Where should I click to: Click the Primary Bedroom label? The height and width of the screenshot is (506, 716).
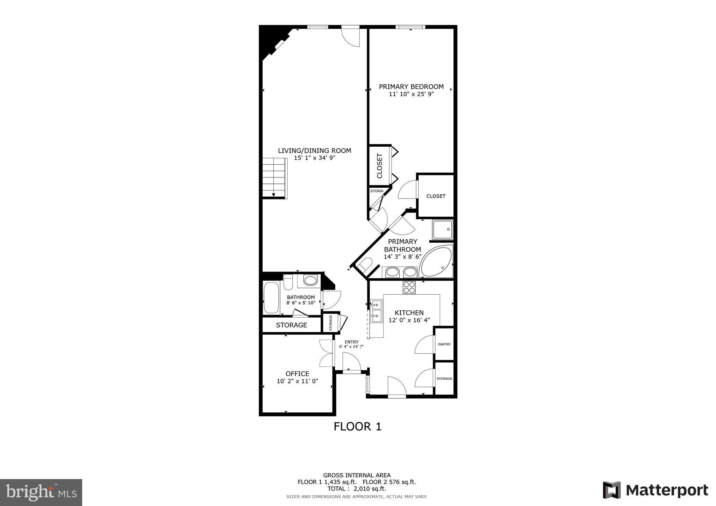pyautogui.click(x=411, y=87)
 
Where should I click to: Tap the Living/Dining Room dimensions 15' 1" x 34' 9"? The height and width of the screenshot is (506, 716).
pyautogui.click(x=314, y=158)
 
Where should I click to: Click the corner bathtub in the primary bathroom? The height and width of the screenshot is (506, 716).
pyautogui.click(x=437, y=262)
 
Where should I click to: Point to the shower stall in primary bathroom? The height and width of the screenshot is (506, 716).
pyautogui.click(x=442, y=229)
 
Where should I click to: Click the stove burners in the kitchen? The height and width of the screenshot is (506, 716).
pyautogui.click(x=409, y=287)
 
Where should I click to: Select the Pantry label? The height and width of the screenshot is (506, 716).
pyautogui.click(x=444, y=344)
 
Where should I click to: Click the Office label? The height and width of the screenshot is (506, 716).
pyautogui.click(x=297, y=374)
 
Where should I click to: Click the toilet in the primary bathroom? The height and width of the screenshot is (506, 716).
pyautogui.click(x=366, y=265)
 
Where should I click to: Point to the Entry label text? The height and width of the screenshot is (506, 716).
pyautogui.click(x=351, y=342)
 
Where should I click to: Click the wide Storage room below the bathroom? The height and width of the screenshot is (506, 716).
pyautogui.click(x=291, y=325)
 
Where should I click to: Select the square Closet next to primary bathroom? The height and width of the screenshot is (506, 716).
pyautogui.click(x=436, y=196)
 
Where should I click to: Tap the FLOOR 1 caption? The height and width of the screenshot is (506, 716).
pyautogui.click(x=357, y=427)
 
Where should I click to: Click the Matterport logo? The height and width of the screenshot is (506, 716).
pyautogui.click(x=655, y=490)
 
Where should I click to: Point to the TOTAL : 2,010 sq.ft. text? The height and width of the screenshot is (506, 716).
pyautogui.click(x=357, y=489)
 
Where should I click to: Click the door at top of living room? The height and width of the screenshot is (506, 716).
pyautogui.click(x=350, y=37)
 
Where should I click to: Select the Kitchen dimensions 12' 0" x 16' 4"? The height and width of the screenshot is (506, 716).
pyautogui.click(x=409, y=320)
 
